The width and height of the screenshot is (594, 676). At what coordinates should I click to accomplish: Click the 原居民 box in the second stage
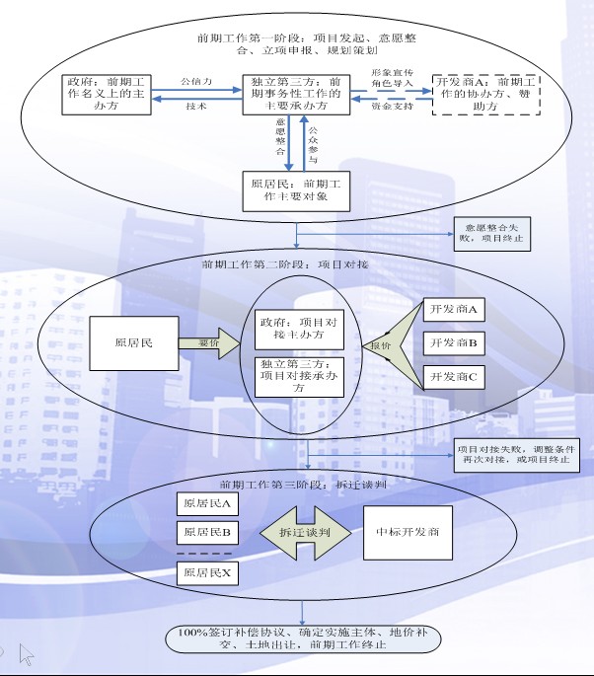click(x=132, y=343)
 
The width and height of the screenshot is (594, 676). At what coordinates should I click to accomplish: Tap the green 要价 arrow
click(x=210, y=343)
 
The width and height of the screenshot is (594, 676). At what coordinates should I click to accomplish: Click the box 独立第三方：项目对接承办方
click(x=300, y=375)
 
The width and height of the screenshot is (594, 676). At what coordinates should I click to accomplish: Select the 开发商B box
click(x=454, y=342)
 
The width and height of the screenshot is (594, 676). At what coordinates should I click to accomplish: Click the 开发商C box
click(x=454, y=376)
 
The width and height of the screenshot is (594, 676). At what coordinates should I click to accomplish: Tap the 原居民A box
click(x=207, y=502)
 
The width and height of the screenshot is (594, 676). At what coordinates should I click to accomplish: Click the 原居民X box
click(x=207, y=571)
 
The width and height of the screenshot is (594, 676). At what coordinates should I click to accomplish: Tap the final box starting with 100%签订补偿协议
click(x=302, y=638)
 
